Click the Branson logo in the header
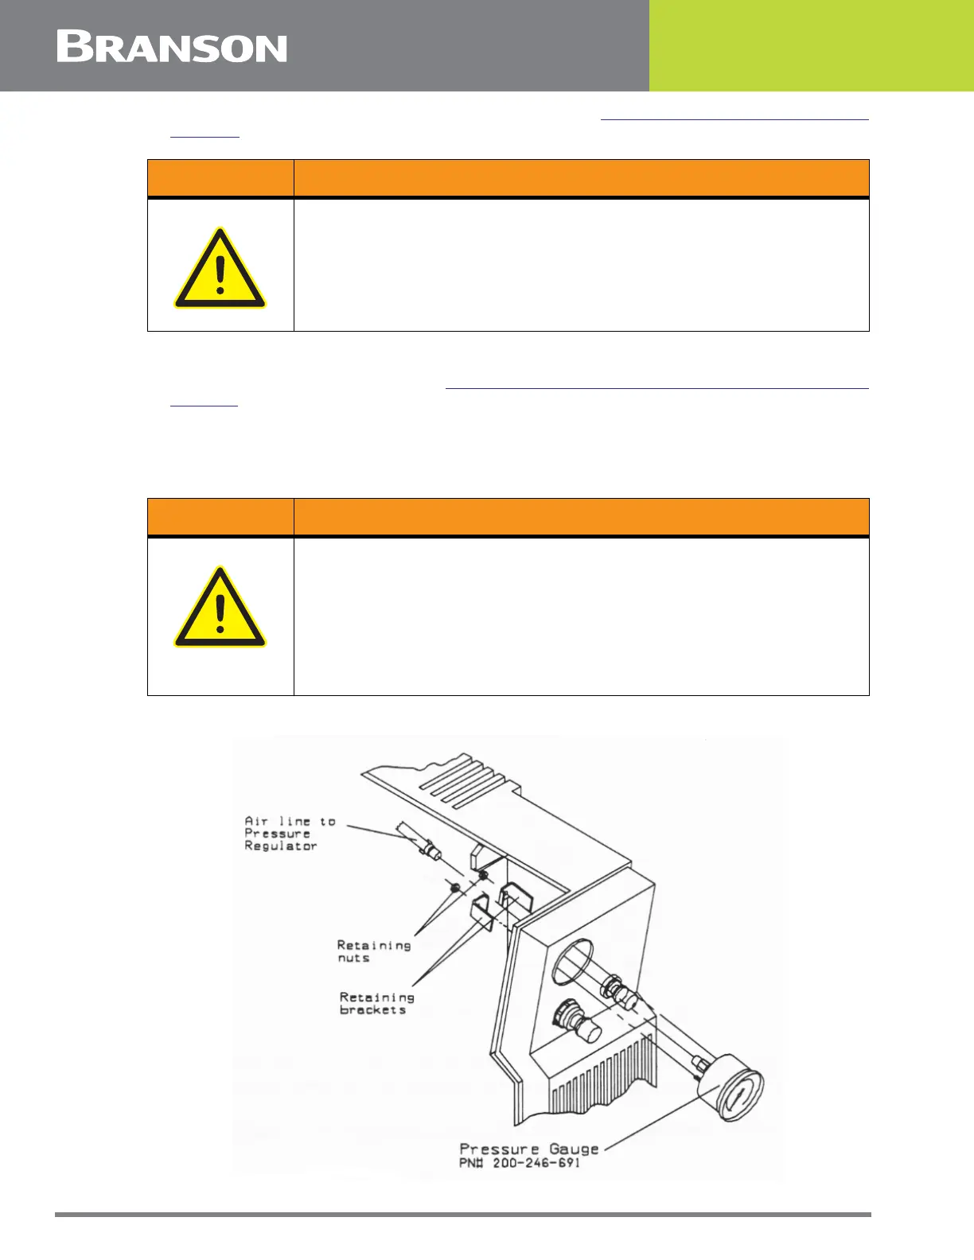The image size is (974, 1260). (x=172, y=47)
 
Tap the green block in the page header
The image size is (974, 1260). (x=811, y=45)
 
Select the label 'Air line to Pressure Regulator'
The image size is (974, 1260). (x=290, y=834)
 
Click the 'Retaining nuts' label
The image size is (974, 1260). (x=373, y=951)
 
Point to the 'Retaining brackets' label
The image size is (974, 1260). (x=376, y=1003)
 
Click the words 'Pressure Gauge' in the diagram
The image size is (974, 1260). (x=529, y=1149)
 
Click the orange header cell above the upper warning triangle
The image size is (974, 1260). (x=220, y=178)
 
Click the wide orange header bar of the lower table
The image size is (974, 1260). (x=581, y=517)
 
